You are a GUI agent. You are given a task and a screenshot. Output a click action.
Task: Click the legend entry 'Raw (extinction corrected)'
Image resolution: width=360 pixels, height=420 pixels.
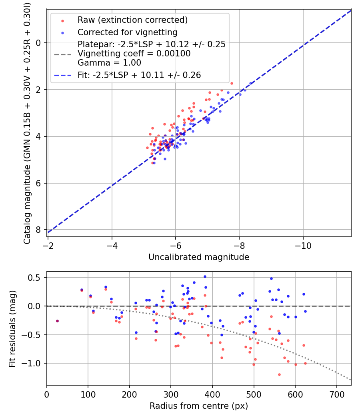[132, 20]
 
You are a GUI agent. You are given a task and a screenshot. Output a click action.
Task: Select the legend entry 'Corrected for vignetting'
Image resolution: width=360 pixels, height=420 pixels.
[128, 32]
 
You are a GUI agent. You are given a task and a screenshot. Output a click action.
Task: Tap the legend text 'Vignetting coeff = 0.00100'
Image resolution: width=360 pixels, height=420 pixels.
[134, 54]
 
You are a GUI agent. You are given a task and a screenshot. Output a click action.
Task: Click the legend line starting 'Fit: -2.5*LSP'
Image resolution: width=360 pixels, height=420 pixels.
[139, 75]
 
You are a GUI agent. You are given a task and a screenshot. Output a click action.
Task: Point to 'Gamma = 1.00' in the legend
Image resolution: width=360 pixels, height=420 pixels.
[109, 63]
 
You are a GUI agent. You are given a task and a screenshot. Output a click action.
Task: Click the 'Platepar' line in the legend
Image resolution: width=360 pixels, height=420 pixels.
[152, 44]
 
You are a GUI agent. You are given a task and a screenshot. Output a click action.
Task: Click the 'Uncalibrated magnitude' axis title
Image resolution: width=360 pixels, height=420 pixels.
[199, 257]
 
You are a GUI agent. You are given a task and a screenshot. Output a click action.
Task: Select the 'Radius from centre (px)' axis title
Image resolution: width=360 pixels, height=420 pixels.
[199, 406]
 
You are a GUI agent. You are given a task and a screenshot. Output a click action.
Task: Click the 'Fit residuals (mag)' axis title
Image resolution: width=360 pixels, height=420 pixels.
[12, 328]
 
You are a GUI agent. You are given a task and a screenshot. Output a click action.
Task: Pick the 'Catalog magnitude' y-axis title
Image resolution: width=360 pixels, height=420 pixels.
[27, 124]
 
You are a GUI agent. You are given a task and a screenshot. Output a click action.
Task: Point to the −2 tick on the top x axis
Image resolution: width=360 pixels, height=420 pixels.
[48, 246]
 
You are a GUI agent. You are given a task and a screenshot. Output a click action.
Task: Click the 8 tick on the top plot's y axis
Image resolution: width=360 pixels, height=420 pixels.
[38, 230]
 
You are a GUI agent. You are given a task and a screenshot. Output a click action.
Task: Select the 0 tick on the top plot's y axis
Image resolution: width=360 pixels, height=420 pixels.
[38, 43]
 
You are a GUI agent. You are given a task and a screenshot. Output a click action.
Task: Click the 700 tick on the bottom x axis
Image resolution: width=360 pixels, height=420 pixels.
[336, 394]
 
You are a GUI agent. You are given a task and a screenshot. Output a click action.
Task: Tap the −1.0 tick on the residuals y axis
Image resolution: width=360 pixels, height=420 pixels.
[30, 364]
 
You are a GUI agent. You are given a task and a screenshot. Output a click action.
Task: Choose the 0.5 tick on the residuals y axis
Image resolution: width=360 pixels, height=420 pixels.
[34, 278]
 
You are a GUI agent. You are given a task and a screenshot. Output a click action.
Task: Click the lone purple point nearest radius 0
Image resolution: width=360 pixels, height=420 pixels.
[57, 321]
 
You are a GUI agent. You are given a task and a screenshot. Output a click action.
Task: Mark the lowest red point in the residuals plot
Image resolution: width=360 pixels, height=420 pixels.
[279, 374]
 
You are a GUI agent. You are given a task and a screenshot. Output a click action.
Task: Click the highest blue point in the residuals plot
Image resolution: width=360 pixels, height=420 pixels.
[205, 277]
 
